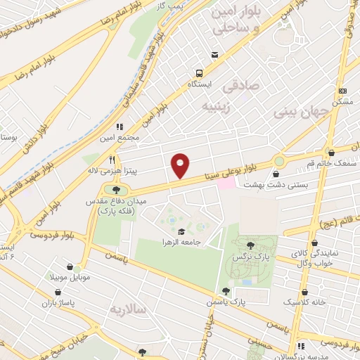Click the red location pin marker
click(x=181, y=166)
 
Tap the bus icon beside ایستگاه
click(x=200, y=74)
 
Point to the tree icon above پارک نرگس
click(x=250, y=245)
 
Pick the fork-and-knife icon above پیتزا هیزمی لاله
click(x=111, y=160)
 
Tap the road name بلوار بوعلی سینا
click(x=227, y=165)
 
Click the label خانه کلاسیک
click(x=304, y=302)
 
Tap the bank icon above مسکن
click(x=343, y=91)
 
